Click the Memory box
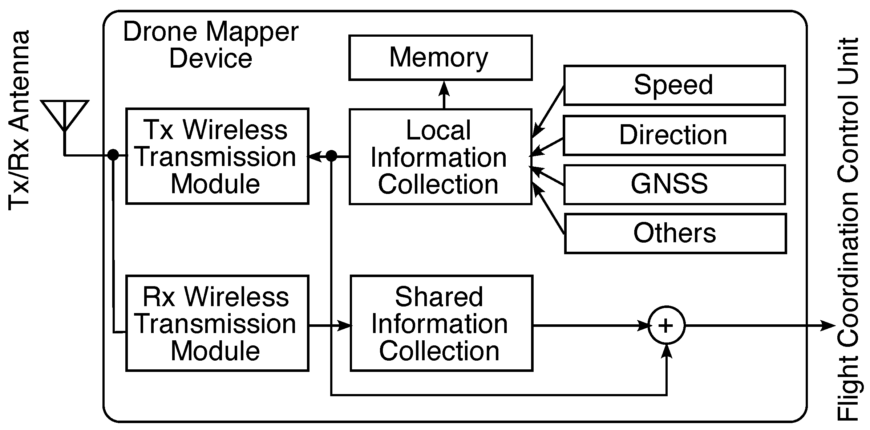pyautogui.click(x=440, y=57)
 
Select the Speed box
pyautogui.click(x=674, y=85)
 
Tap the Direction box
pyautogui.click(x=674, y=135)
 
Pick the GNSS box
pyautogui.click(x=674, y=184)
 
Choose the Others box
pyautogui.click(x=675, y=234)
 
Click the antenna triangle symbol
pyautogui.click(x=65, y=113)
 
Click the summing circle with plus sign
pyautogui.click(x=666, y=325)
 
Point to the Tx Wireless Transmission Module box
pyautogui.click(x=217, y=156)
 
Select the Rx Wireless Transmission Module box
pyautogui.click(x=217, y=323)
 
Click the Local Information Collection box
pyautogui.click(x=440, y=157)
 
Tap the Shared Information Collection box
pyautogui.click(x=441, y=323)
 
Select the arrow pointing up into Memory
pyautogui.click(x=444, y=94)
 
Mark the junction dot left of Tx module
pyautogui.click(x=113, y=155)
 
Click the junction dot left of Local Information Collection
pyautogui.click(x=331, y=156)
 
